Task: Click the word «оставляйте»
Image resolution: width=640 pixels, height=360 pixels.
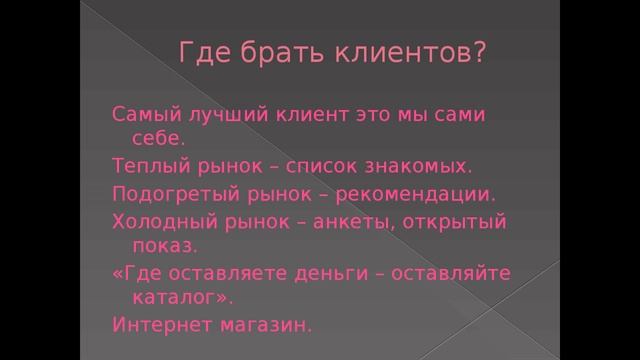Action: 462,272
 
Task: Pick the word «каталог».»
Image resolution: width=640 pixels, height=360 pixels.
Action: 182,297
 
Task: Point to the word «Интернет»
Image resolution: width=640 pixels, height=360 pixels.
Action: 156,325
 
